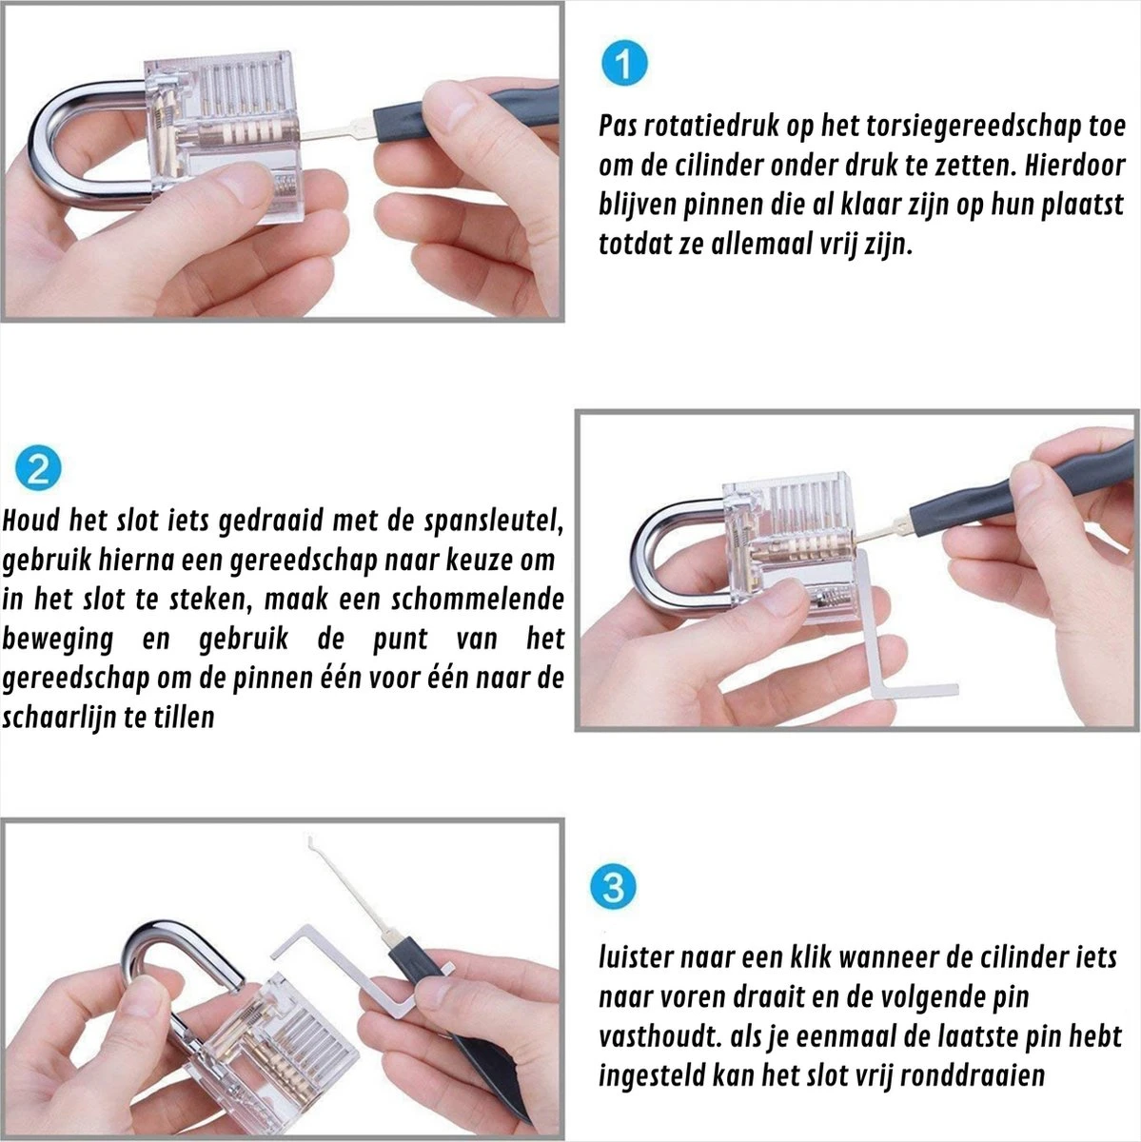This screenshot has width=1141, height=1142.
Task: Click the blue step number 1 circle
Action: click(624, 64)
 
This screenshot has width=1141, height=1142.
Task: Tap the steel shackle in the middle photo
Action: click(666, 552)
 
